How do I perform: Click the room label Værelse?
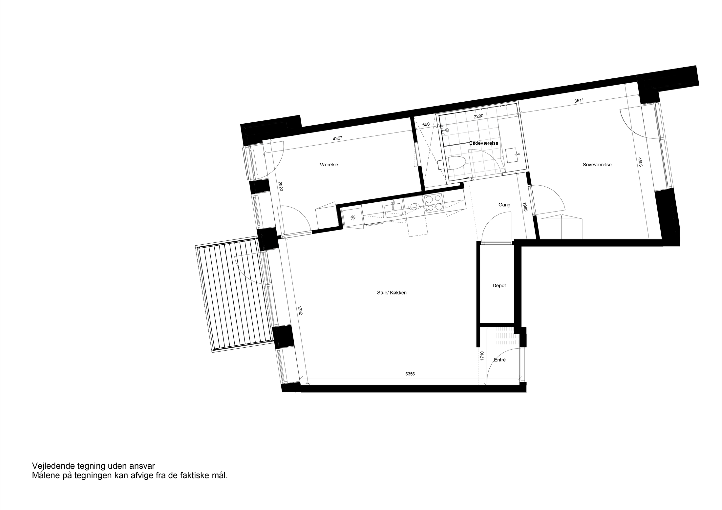(329, 165)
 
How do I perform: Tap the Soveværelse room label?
(597, 165)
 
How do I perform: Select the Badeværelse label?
(483, 143)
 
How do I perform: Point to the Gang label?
(504, 205)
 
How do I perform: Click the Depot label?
(499, 286)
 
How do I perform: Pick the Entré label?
(500, 360)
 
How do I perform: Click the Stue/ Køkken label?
(392, 293)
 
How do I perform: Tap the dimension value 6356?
(410, 374)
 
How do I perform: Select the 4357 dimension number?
(337, 138)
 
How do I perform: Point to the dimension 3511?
(579, 101)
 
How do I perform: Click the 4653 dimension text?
(640, 162)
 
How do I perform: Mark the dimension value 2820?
(281, 186)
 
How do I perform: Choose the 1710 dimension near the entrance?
(482, 356)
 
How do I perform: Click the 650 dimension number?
(426, 125)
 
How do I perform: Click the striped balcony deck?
(234, 295)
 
